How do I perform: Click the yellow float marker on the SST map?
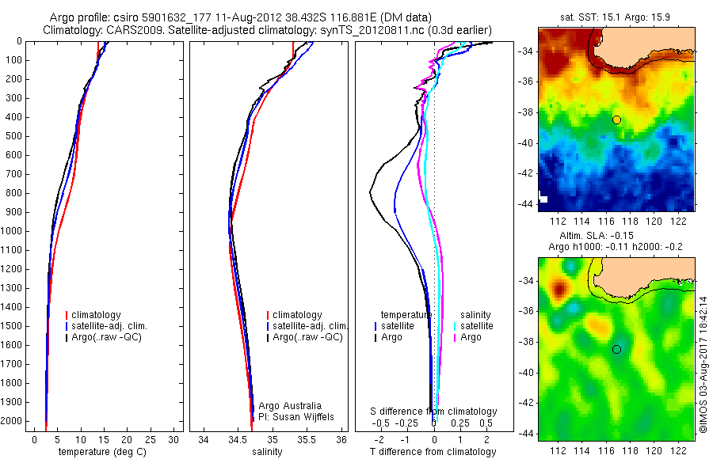[616, 119]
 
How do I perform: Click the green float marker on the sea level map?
[616, 349]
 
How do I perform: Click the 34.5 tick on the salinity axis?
[238, 439]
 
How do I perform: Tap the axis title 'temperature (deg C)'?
[105, 452]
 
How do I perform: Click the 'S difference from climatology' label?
[434, 412]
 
